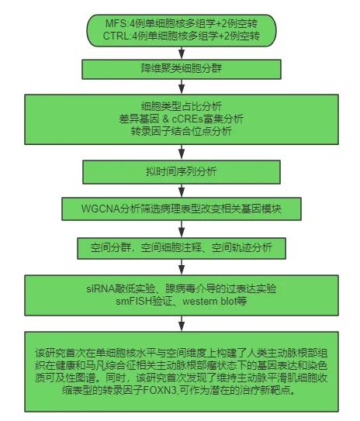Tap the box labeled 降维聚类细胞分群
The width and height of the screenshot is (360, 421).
182,69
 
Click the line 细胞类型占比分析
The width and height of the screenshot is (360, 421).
182,106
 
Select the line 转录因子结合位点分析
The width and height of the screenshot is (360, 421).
182,131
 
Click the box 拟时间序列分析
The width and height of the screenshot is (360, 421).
182,172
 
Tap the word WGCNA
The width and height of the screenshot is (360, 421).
100,209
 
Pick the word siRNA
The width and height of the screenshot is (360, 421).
101,288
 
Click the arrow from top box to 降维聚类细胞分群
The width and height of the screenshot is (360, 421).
182,53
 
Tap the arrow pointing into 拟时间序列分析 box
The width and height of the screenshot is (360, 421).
182,153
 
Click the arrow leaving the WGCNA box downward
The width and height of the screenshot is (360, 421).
182,229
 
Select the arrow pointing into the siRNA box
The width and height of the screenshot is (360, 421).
182,267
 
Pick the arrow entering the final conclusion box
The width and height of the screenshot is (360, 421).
182,324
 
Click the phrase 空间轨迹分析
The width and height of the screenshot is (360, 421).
242,247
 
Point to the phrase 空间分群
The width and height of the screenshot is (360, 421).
111,247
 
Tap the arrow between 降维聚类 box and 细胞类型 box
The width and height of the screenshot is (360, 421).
182,87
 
